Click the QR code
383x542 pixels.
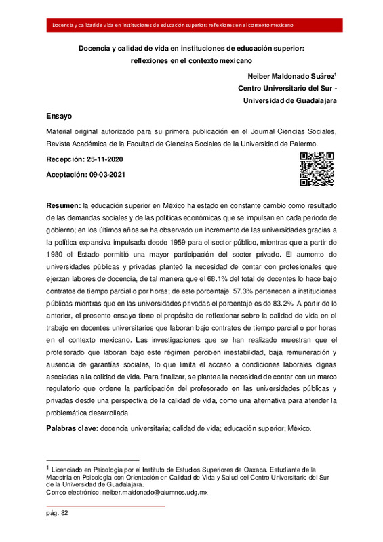tap(317, 169)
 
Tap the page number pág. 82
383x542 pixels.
tap(57, 513)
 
